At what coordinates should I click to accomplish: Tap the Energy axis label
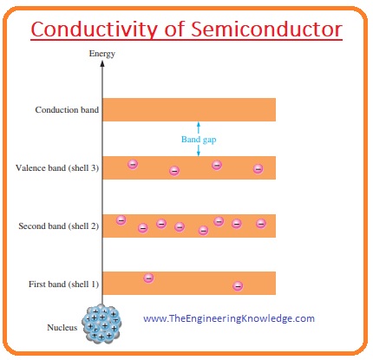pyautogui.click(x=101, y=55)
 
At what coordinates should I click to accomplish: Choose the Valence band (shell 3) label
pyautogui.click(x=58, y=167)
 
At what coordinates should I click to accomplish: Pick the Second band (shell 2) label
pyautogui.click(x=58, y=226)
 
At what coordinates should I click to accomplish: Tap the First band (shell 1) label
pyautogui.click(x=62, y=284)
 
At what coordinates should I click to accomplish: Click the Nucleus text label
pyautogui.click(x=62, y=327)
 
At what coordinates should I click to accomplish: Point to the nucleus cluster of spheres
pyautogui.click(x=102, y=323)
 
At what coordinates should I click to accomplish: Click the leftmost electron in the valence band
pyautogui.click(x=133, y=163)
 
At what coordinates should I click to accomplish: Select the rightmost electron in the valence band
pyautogui.click(x=258, y=168)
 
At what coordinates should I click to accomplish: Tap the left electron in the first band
pyautogui.click(x=148, y=278)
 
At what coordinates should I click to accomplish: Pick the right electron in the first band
pyautogui.click(x=238, y=285)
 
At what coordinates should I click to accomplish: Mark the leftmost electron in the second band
pyautogui.click(x=121, y=220)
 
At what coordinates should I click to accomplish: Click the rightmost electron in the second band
pyautogui.click(x=260, y=224)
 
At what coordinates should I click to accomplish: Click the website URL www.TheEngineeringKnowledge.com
pyautogui.click(x=228, y=318)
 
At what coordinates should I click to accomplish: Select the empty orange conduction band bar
pyautogui.click(x=189, y=110)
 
